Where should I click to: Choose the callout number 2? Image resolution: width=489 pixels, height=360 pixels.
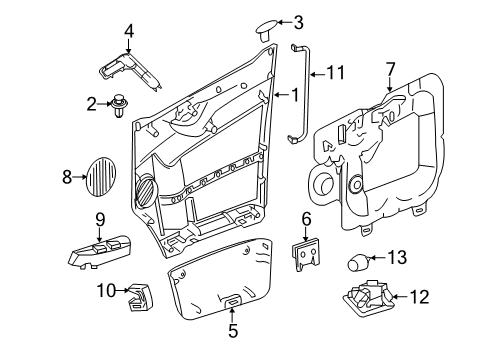pyautogui.click(x=91, y=102)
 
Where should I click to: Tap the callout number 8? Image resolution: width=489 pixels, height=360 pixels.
pyautogui.click(x=68, y=178)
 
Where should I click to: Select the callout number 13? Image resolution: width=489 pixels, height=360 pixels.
pyautogui.click(x=396, y=258)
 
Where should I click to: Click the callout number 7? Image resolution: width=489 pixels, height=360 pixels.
pyautogui.click(x=390, y=68)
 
